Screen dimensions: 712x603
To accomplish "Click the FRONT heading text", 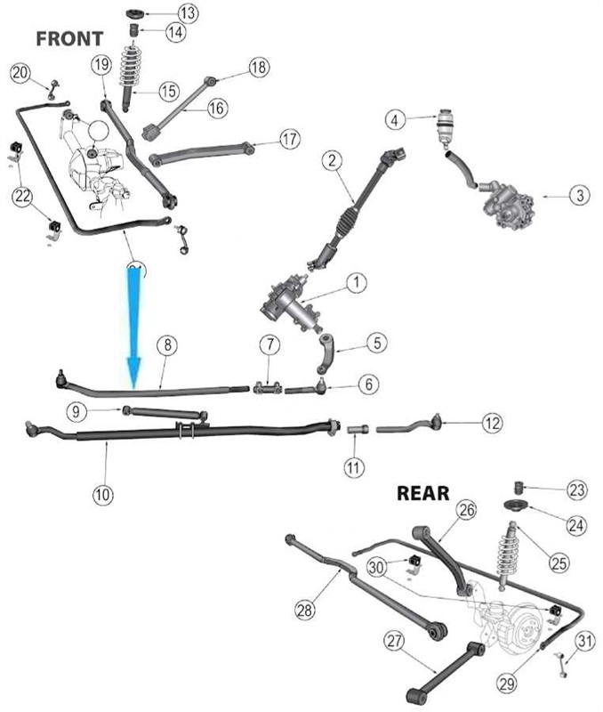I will pos(69,38).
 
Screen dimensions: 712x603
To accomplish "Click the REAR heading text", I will pos(423,493).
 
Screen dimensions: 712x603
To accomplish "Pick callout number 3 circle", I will pos(579,195).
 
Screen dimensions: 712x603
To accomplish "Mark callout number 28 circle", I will pos(305,610).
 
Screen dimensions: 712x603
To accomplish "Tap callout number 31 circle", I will pos(584,641).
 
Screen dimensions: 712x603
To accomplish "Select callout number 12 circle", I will pos(493,424).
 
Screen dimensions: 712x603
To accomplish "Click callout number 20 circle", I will pos(20,73).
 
